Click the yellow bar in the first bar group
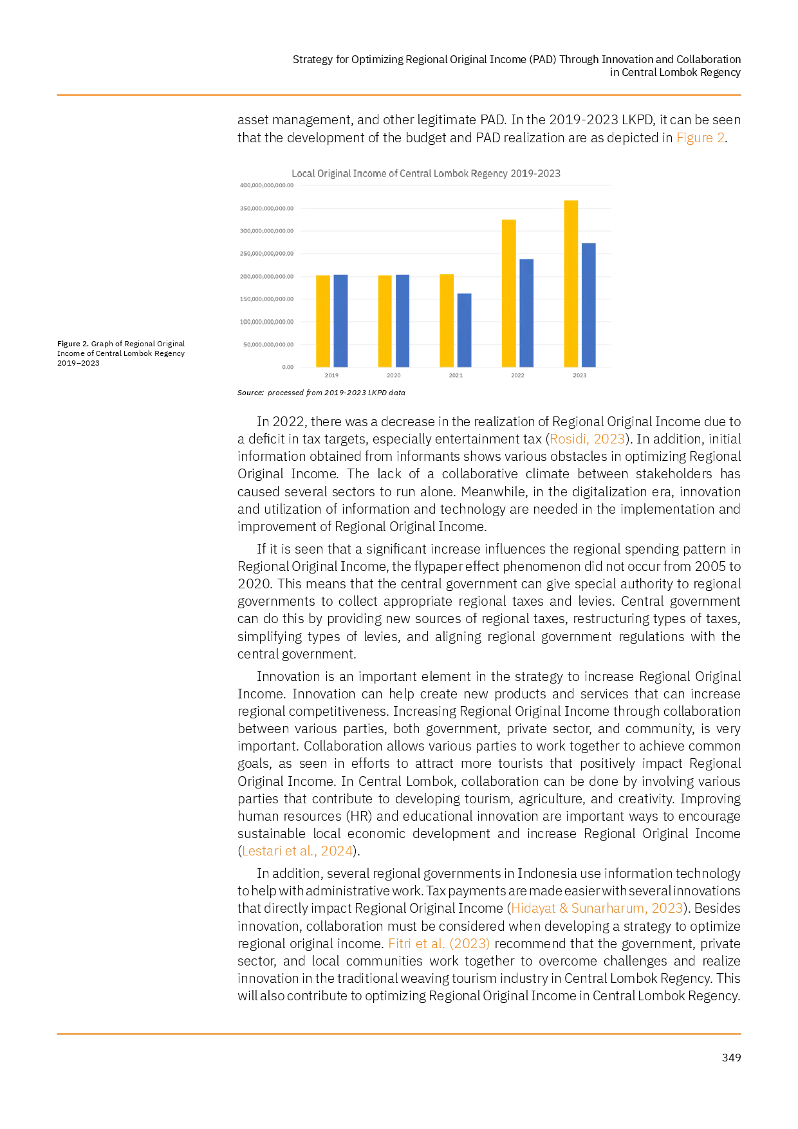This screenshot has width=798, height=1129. (323, 320)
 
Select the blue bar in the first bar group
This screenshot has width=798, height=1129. (341, 320)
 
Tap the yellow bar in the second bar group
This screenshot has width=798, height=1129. (385, 320)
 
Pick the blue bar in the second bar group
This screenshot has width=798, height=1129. (403, 320)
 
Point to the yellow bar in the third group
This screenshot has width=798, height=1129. (447, 320)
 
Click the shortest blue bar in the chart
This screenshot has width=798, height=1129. (465, 328)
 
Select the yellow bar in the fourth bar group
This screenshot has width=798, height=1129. (508, 293)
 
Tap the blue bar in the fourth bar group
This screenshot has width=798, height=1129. (526, 312)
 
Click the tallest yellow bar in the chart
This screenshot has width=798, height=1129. (571, 283)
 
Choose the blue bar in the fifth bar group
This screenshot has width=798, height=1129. (588, 304)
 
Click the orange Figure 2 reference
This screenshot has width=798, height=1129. (700, 138)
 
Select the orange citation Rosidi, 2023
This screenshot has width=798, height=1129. (588, 440)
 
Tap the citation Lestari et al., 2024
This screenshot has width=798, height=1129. (297, 851)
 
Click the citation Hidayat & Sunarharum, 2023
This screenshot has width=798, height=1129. (597, 908)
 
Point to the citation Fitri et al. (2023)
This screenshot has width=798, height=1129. (438, 944)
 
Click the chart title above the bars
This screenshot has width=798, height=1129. (425, 173)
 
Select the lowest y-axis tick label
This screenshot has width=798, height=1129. (286, 366)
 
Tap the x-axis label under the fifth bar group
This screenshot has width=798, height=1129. (579, 376)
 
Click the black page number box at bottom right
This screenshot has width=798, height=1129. (730, 1058)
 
